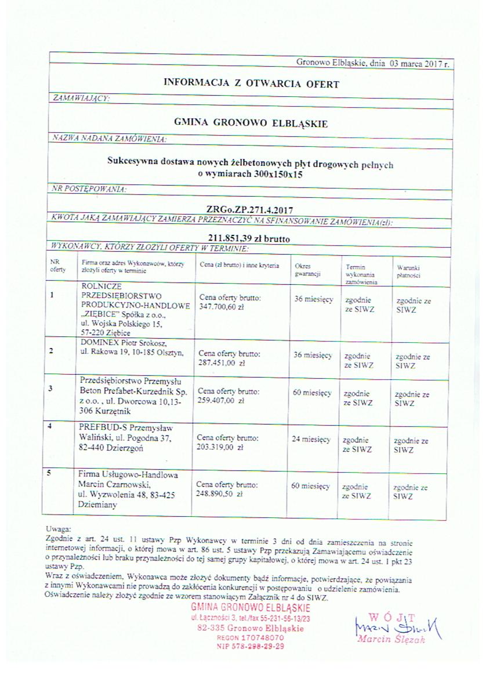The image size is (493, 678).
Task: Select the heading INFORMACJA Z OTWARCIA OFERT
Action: tap(251, 84)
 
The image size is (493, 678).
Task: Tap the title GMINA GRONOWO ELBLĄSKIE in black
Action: tap(251, 124)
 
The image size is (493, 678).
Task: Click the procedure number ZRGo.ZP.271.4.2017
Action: tap(246, 208)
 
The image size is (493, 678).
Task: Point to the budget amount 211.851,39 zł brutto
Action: tap(249, 238)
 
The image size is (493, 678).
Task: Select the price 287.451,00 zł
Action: tap(222, 361)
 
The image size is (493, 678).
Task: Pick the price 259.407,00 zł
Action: tap(221, 400)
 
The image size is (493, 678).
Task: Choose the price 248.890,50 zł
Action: tap(219, 494)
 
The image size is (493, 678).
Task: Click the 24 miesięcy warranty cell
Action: tap(311, 439)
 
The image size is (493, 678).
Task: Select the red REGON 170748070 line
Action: tap(251, 637)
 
